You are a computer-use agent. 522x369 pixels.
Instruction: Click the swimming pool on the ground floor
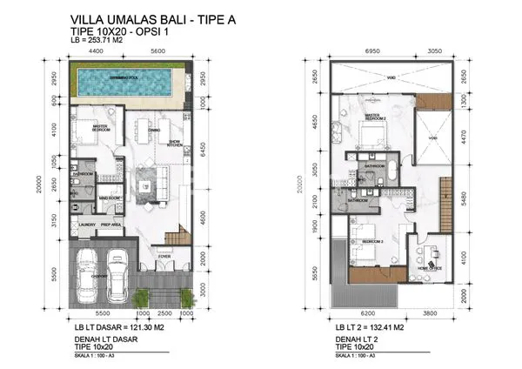[x=126, y=84]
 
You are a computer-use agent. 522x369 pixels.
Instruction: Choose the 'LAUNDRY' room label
[x=86, y=225]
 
